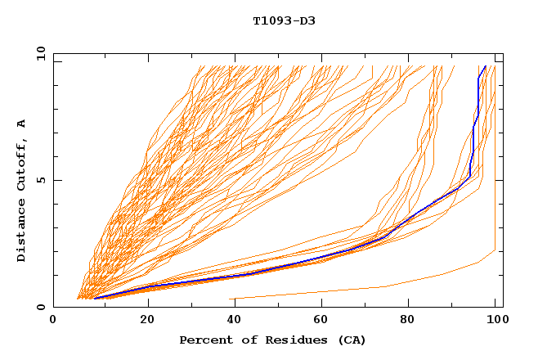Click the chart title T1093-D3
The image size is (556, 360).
(x=284, y=21)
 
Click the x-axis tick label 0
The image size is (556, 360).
(x=53, y=321)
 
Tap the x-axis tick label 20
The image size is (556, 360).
(x=147, y=321)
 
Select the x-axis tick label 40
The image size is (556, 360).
(x=235, y=321)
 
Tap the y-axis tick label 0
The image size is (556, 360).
(x=40, y=308)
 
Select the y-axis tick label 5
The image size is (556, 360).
(x=40, y=180)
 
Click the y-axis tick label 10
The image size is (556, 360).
(x=38, y=53)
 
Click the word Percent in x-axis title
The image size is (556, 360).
(x=204, y=340)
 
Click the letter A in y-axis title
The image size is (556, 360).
(x=21, y=124)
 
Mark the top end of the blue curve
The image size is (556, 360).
(x=486, y=66)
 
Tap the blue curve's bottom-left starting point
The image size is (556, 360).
(x=95, y=299)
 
